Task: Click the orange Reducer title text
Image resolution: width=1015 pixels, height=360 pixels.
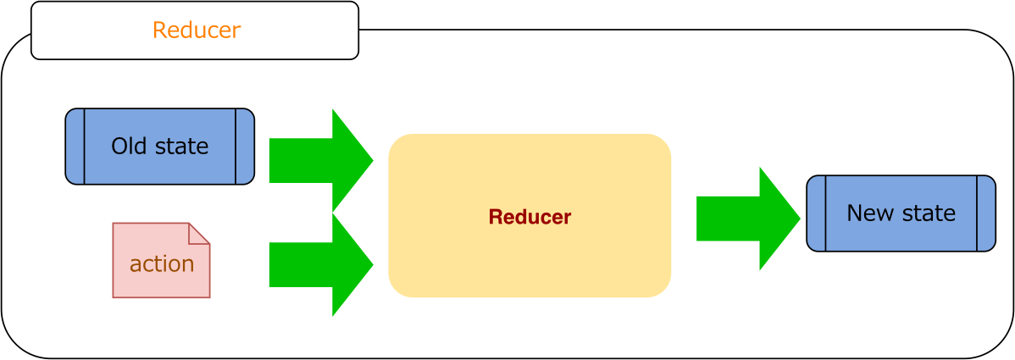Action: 196,30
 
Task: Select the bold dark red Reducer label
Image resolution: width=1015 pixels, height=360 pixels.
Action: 530,218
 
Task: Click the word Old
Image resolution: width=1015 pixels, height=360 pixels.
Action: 129,147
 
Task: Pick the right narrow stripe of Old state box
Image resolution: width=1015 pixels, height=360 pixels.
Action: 245,147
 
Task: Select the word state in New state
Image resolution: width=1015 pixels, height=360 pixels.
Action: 929,213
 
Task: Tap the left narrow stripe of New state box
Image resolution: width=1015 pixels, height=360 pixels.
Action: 816,213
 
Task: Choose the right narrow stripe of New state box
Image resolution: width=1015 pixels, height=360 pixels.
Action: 986,213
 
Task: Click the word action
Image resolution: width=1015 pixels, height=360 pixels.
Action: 162,264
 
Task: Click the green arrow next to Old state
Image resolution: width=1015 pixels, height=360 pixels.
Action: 318,160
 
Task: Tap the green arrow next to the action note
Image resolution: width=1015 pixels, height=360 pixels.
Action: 318,264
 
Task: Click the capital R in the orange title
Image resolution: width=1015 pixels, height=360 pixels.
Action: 158,30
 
